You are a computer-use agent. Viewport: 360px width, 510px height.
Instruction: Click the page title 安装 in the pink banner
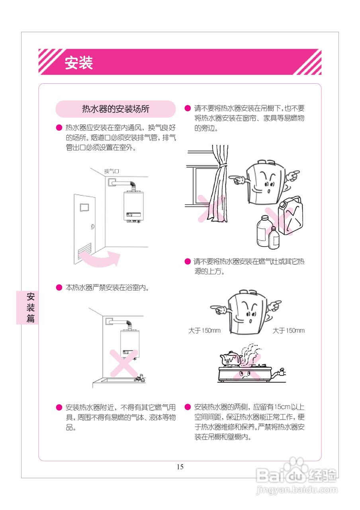click(x=79, y=63)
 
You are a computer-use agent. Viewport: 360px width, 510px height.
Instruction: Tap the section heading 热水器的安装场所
click(x=115, y=109)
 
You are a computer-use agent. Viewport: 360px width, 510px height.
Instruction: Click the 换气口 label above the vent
click(x=112, y=171)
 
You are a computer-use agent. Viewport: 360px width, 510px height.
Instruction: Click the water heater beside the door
click(x=133, y=206)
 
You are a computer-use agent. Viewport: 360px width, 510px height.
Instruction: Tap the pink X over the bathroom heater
click(x=124, y=363)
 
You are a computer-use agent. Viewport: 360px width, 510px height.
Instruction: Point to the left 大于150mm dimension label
click(x=204, y=331)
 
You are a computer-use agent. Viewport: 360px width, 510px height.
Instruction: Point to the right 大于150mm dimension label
click(x=289, y=331)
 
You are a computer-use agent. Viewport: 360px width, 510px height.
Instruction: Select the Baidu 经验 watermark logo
click(x=297, y=476)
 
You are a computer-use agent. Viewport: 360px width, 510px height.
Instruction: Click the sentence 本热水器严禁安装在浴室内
click(x=107, y=287)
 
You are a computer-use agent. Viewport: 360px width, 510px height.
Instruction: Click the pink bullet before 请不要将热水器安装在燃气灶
click(x=188, y=262)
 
